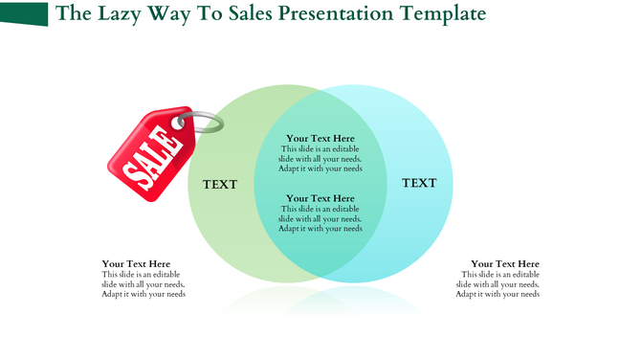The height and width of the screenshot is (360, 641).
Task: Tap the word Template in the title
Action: [442, 14]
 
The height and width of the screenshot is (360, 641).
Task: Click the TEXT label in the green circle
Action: [220, 184]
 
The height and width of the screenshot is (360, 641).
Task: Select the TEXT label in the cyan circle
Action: [419, 183]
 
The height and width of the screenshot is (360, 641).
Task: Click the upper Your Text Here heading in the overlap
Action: [320, 139]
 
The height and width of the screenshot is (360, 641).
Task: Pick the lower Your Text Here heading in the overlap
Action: [320, 199]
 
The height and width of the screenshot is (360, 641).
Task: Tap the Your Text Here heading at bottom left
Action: [137, 264]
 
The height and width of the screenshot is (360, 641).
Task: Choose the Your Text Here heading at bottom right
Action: [505, 264]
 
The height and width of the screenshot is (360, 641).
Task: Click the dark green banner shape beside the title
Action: [25, 13]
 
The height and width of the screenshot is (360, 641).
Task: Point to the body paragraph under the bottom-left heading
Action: [144, 284]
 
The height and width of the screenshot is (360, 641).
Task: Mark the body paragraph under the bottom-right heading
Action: [497, 284]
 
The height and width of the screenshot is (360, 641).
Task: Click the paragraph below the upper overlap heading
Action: [320, 158]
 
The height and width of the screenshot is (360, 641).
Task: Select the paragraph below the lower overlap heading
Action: [320, 219]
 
